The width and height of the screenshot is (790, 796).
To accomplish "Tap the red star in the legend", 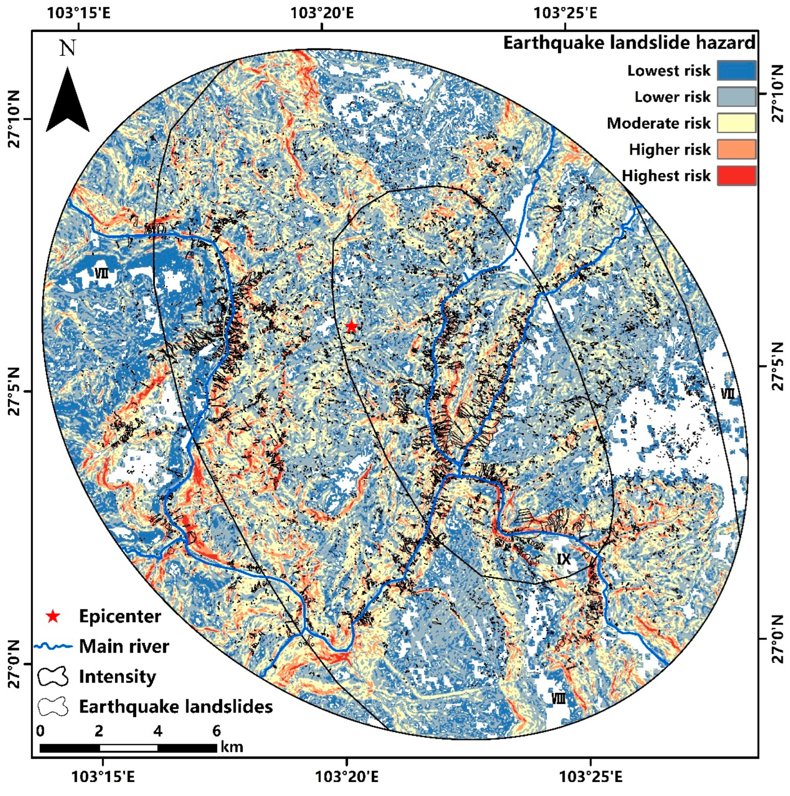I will click(53, 616).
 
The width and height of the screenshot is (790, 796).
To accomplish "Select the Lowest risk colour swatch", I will click(736, 70).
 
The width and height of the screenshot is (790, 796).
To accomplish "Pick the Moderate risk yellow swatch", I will click(736, 123).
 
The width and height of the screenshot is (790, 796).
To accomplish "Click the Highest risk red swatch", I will click(736, 175).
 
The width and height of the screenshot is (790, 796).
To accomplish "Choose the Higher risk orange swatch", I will click(736, 149).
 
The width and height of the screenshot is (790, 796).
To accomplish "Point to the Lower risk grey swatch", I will click(736, 97).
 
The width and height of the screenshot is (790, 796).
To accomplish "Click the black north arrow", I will click(67, 103).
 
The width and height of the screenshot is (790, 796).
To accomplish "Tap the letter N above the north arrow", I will click(68, 49).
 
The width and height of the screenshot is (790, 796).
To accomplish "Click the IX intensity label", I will click(564, 559).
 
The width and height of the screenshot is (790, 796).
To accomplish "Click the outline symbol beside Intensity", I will click(53, 676).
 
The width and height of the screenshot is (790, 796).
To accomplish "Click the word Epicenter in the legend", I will click(120, 616).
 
